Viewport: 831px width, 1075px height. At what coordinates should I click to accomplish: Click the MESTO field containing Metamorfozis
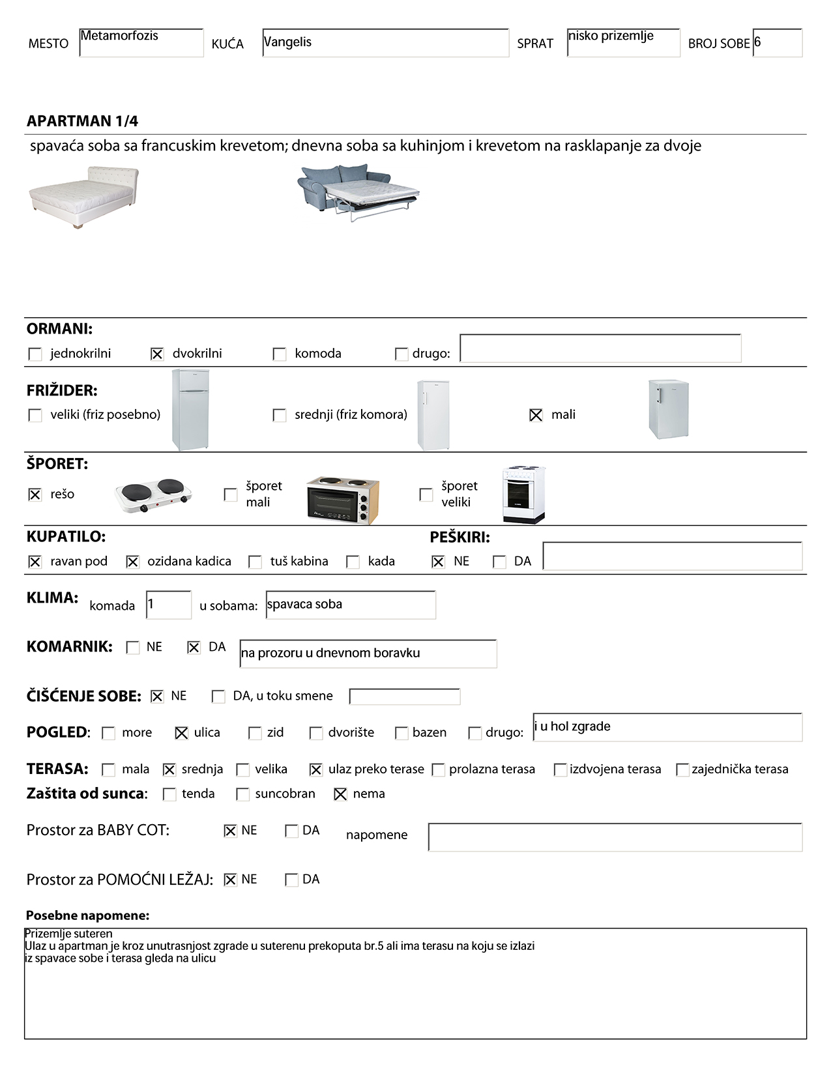point(141,43)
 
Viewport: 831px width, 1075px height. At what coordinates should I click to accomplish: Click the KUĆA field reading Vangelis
point(385,43)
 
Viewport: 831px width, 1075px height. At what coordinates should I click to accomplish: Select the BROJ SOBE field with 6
point(777,43)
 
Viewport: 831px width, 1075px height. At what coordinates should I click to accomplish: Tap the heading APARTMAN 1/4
point(82,121)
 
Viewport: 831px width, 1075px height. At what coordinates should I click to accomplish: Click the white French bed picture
point(83,197)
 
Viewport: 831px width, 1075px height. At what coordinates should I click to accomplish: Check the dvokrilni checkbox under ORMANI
point(157,354)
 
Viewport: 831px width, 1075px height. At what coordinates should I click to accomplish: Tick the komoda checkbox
point(280,354)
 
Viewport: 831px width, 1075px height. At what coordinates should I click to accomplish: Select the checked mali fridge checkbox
point(536,415)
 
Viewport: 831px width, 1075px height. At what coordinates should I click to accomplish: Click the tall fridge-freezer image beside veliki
point(190,410)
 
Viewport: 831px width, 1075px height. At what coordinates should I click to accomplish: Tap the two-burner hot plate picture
point(154,495)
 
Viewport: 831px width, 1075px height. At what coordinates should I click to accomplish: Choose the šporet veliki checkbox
point(426,494)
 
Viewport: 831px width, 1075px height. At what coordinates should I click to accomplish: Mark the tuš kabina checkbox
point(255,562)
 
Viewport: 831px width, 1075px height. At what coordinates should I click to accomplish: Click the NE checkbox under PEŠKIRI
point(438,562)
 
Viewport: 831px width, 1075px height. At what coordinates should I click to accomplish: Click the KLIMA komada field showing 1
point(169,605)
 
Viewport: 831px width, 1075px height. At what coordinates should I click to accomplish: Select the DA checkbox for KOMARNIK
point(194,648)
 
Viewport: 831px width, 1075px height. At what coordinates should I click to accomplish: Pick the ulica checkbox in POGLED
point(182,733)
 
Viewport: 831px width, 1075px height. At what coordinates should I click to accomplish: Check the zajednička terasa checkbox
point(682,769)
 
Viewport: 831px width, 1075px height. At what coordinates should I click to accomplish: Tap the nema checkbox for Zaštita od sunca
point(340,794)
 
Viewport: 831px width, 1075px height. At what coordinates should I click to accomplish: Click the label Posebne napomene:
point(87,915)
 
